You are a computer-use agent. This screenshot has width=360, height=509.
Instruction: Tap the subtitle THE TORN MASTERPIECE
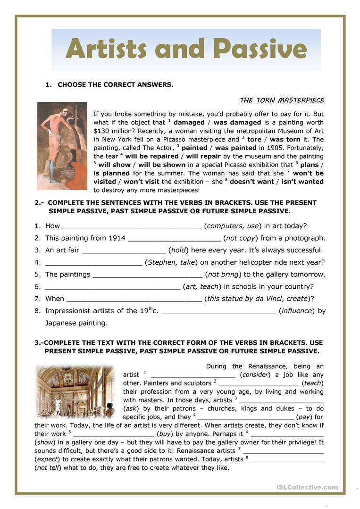pos(282,100)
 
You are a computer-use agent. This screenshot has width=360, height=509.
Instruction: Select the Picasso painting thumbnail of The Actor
pos(62,146)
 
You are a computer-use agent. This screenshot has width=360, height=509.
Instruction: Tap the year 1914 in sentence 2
pos(117,238)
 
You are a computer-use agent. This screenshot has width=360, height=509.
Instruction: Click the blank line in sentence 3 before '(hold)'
pos(123,250)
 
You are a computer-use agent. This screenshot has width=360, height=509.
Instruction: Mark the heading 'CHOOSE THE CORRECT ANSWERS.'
pos(115,85)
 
